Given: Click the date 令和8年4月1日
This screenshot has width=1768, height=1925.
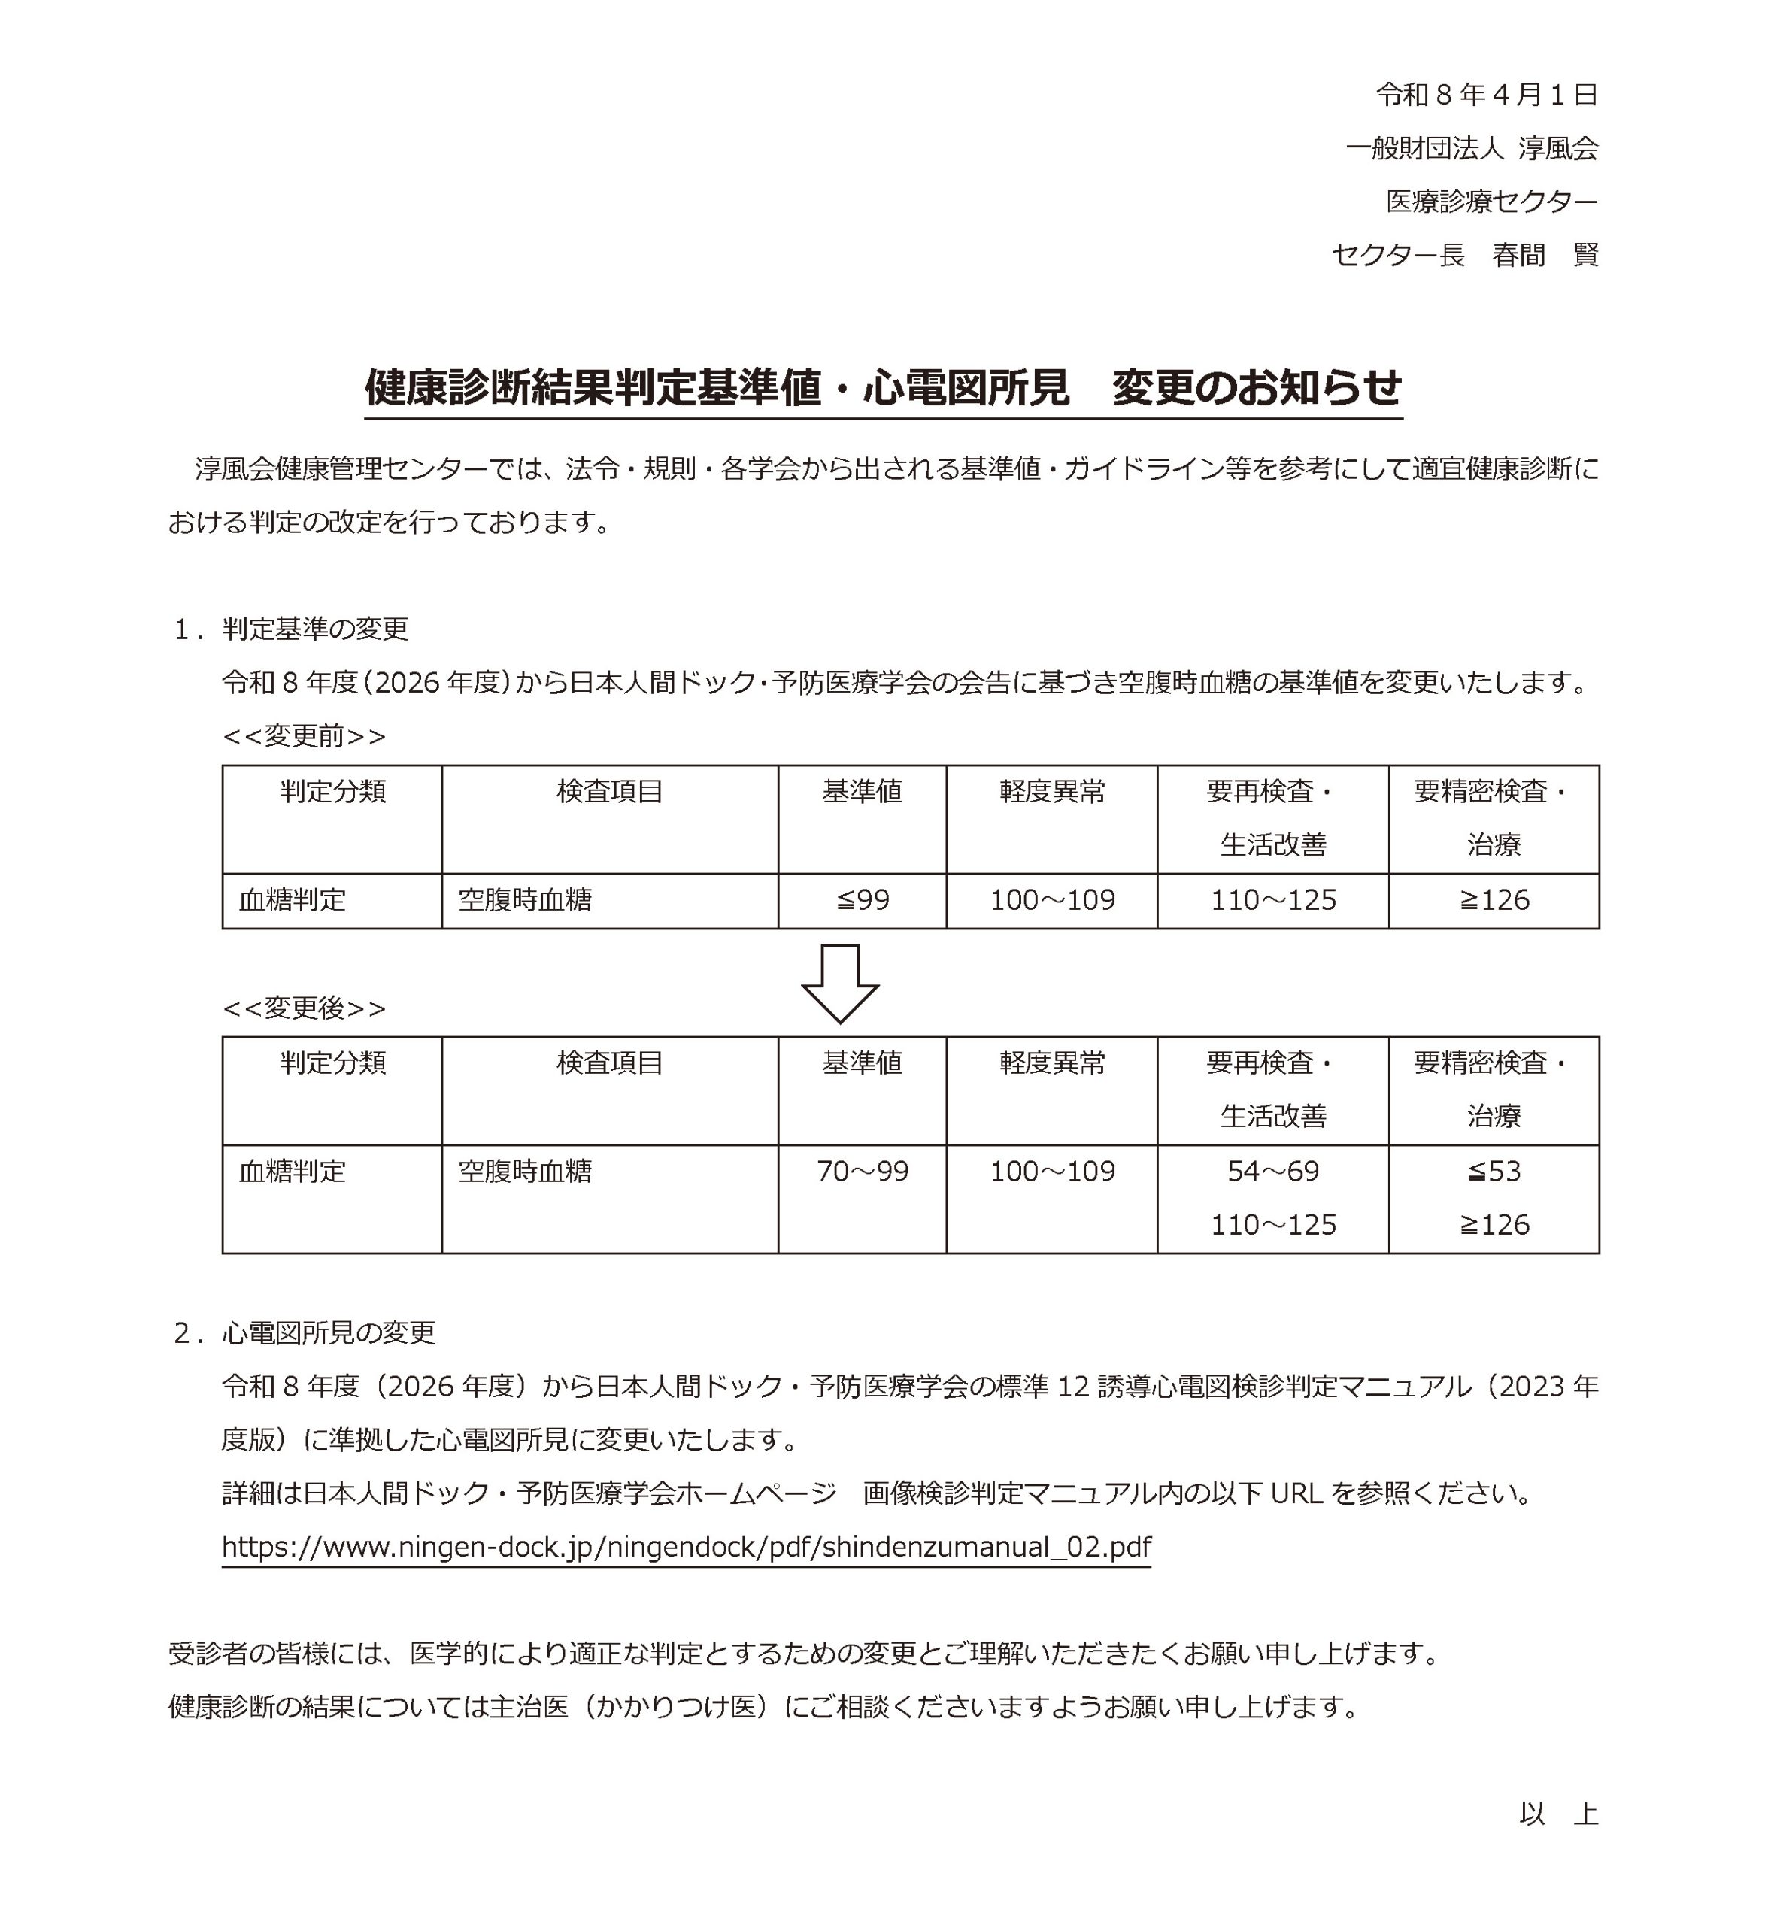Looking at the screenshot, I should coord(1486,95).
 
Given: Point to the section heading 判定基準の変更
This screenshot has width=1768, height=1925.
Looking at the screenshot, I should coord(315,629).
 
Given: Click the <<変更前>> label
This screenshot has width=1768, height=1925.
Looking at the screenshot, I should coord(305,737).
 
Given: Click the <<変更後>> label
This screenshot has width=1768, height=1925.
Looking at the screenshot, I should coord(305,1008).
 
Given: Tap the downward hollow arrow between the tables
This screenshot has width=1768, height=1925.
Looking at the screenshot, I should coord(839,983).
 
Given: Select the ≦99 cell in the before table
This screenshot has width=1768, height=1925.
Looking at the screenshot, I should coord(862,900).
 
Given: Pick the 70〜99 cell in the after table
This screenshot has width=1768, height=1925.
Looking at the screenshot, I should coord(862,1172).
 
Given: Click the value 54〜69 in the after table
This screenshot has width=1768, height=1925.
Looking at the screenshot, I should coord(1272,1172).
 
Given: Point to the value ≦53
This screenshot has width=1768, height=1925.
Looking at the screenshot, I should coord(1494,1172).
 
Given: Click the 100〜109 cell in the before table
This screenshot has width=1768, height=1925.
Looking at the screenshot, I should coord(1051,900).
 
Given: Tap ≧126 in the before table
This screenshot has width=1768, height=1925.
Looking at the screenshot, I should coord(1494,900).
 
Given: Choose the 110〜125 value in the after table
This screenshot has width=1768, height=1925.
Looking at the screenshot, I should coord(1272,1226).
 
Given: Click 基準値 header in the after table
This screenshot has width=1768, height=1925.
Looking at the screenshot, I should coord(862,1063).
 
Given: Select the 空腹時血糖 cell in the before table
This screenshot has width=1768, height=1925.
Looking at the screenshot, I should coord(525,900).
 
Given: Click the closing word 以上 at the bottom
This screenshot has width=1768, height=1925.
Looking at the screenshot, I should coord(1557,1815).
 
